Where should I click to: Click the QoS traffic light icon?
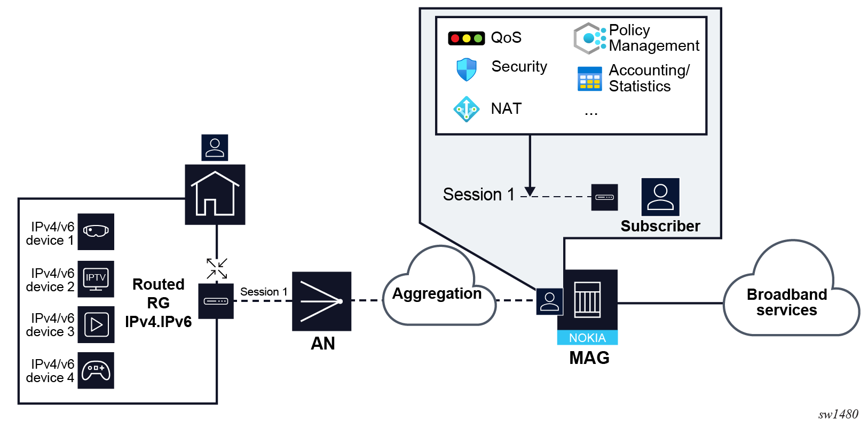tap(466, 38)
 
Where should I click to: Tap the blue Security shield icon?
tap(467, 69)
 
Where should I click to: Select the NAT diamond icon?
tap(467, 109)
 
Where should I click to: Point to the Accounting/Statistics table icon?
tap(589, 79)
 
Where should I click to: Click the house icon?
tap(215, 194)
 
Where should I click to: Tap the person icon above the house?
tap(215, 147)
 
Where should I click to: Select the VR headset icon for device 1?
tap(96, 231)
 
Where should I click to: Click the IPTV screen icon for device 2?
tap(96, 278)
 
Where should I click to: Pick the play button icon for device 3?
tap(96, 324)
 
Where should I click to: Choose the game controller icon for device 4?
tap(96, 370)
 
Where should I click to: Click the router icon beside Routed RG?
tap(216, 301)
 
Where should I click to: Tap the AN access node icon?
tap(321, 301)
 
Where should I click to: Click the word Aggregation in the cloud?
tap(437, 293)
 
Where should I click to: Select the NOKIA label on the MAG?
tap(587, 338)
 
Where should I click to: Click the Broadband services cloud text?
tap(787, 302)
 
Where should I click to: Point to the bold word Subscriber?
tap(660, 226)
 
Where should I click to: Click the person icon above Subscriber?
tap(660, 197)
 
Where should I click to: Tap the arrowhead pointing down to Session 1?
tap(530, 191)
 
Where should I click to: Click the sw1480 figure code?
tap(838, 414)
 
